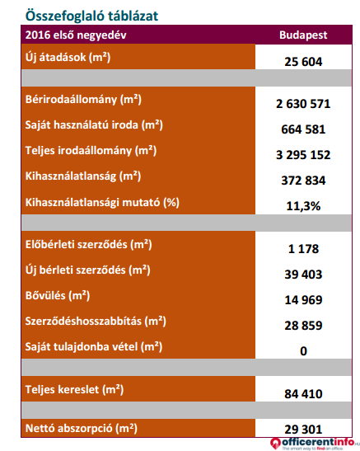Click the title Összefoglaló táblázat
91,16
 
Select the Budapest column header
303,35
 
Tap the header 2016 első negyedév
76,35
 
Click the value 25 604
303,62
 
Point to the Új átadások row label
68,58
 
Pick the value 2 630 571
303,104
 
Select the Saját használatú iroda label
94,125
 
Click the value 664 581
303,129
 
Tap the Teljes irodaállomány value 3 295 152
303,155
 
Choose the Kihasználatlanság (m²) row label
83,176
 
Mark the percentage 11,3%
303,206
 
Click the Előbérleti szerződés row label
88,245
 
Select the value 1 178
303,249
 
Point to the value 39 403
303,275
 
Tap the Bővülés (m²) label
58,296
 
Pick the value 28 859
303,326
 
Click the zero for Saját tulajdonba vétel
303,351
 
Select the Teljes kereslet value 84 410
303,394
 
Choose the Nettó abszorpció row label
82,429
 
